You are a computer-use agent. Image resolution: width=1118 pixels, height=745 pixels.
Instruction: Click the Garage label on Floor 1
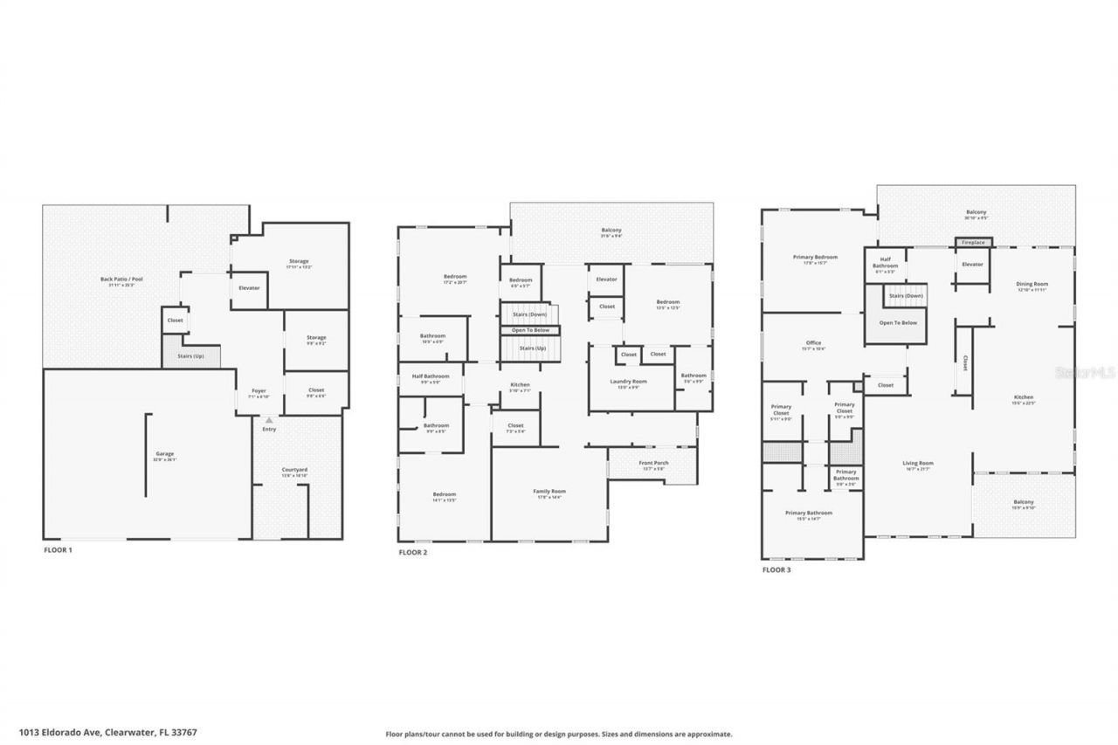165,454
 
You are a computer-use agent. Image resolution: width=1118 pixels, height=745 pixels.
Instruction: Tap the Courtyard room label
294,471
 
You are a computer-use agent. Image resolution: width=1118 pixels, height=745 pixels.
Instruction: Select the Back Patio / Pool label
117,280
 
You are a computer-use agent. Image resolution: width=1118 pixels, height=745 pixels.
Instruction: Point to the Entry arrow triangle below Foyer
269,420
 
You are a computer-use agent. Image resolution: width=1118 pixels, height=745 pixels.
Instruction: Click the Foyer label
259,391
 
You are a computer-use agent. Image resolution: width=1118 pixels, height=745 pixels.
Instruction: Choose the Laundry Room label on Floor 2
628,382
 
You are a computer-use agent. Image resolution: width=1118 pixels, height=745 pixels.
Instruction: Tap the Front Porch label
654,464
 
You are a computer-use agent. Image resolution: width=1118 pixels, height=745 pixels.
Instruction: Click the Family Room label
549,492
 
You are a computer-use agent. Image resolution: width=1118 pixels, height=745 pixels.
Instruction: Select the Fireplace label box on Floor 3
973,242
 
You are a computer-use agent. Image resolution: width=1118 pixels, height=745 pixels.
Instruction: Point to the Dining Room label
1032,284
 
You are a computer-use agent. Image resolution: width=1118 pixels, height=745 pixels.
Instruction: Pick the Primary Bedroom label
815,258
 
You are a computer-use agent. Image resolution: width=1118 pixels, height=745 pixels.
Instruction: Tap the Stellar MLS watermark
1086,372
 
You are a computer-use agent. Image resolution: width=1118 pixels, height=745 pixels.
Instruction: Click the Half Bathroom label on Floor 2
431,377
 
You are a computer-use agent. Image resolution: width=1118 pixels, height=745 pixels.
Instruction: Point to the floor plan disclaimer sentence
559,735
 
